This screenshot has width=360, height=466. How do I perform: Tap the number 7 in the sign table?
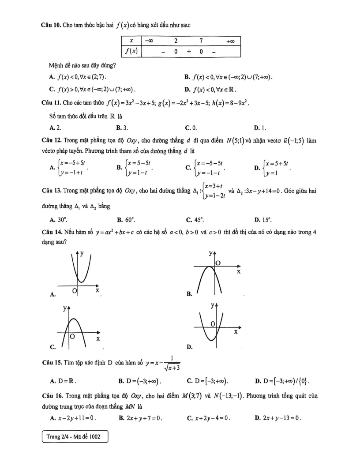(x=201, y=41)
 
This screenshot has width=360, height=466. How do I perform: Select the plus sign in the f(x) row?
(x=188, y=52)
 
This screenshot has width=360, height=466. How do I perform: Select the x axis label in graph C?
(x=98, y=338)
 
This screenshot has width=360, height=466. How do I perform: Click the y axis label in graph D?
(x=213, y=305)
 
